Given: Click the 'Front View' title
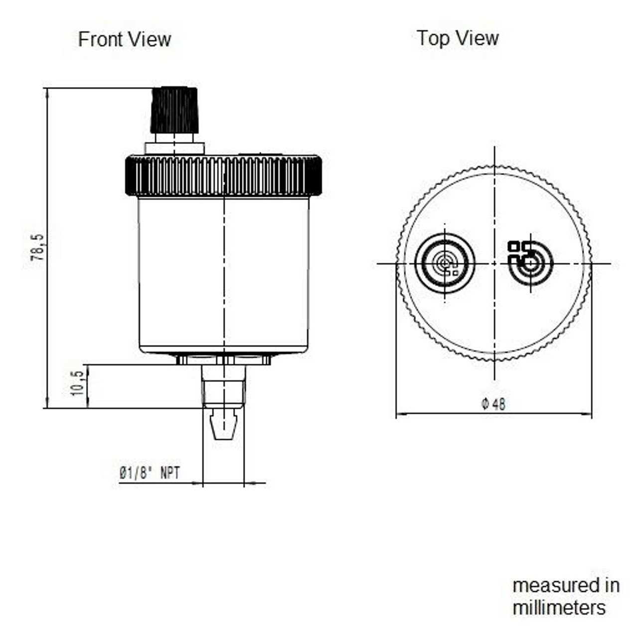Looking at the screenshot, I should coord(125,39).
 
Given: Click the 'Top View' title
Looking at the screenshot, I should coord(458,38).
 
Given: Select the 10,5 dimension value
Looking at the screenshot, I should coord(77,383).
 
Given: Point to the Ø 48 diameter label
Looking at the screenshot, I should coord(493,404).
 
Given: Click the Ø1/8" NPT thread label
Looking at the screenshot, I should coord(149,473).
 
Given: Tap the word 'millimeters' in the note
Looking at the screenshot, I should coord(559,608).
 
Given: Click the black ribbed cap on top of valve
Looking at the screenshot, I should coord(174,110).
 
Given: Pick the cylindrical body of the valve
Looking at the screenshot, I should coord(224,274).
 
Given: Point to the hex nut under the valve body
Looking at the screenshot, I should coord(224,359).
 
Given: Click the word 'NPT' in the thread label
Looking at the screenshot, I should coord(170,473).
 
